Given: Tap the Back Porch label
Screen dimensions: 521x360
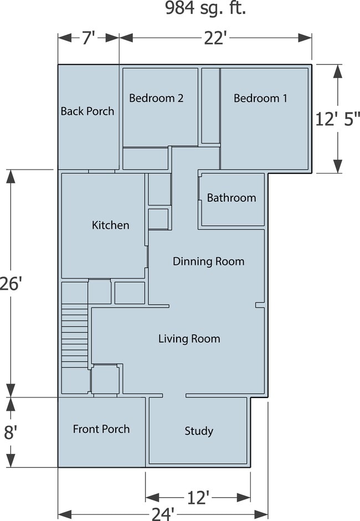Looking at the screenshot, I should pyautogui.click(x=88, y=111).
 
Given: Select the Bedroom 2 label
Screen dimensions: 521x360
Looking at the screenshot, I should pyautogui.click(x=156, y=98).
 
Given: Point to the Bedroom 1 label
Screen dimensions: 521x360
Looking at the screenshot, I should pyautogui.click(x=260, y=98).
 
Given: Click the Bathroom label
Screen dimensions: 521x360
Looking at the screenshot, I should pyautogui.click(x=232, y=198).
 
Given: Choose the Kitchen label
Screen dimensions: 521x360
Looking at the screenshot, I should pyautogui.click(x=110, y=225).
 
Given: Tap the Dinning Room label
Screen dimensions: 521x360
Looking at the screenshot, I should pyautogui.click(x=208, y=261).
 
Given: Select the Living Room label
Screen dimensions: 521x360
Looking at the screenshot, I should pyautogui.click(x=189, y=339).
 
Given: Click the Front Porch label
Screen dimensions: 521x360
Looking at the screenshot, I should pyautogui.click(x=101, y=429).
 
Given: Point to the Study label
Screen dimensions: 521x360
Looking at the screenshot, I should pyautogui.click(x=199, y=431).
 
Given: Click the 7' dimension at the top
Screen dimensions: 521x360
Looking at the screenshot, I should pyautogui.click(x=89, y=38).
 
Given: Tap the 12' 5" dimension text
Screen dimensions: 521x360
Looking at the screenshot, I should pyautogui.click(x=338, y=119).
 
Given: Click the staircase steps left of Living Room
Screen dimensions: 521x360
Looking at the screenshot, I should pyautogui.click(x=74, y=335).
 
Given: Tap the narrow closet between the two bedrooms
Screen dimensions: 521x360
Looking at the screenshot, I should pyautogui.click(x=210, y=105).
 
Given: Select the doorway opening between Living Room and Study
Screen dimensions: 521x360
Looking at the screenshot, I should pyautogui.click(x=174, y=396).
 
